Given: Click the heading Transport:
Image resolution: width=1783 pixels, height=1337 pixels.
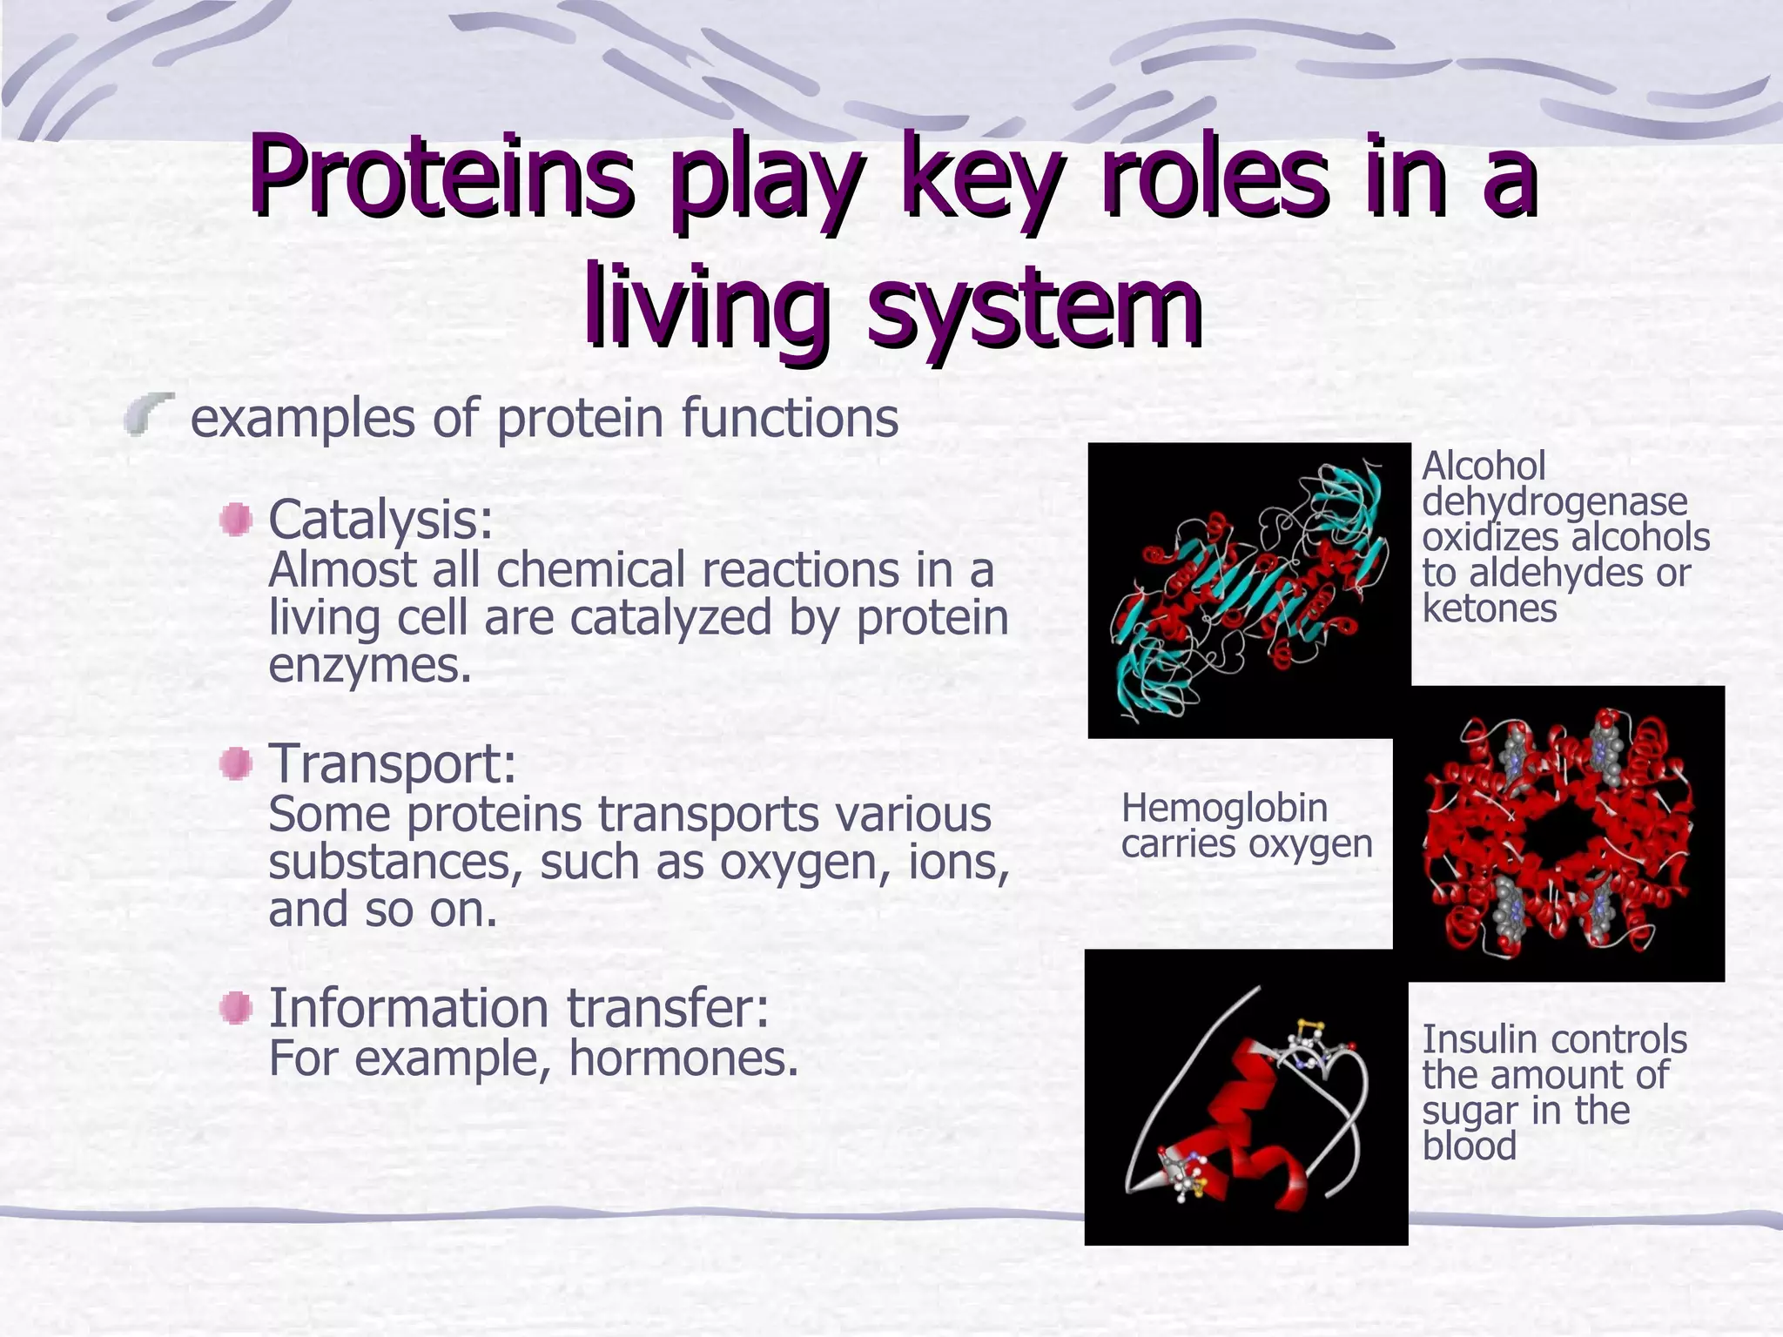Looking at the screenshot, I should [392, 763].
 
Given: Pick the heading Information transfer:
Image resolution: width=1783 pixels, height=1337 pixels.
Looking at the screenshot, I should [518, 1008].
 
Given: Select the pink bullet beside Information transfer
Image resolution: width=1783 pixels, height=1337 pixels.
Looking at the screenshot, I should [236, 1009].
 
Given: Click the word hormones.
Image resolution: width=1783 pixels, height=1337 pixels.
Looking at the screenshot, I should [683, 1058].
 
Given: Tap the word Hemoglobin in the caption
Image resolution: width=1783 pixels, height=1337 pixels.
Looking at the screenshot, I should [1224, 809].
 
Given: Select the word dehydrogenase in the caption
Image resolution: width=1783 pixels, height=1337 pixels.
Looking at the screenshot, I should [1554, 502].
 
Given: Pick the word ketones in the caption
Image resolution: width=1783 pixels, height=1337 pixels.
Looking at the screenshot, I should [1489, 608].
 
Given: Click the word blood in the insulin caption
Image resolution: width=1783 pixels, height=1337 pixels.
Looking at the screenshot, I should [1469, 1146].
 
